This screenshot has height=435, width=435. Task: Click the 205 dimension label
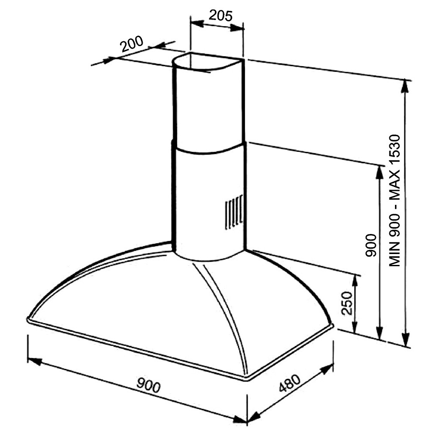pos(221,16)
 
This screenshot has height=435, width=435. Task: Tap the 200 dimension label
pos(132,43)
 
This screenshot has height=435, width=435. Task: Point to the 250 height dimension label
pos(347,303)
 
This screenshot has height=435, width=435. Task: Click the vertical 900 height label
pos(371,245)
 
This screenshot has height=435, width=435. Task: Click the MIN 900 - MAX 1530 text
pos(394,201)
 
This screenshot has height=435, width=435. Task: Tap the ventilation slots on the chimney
pos(234,212)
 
